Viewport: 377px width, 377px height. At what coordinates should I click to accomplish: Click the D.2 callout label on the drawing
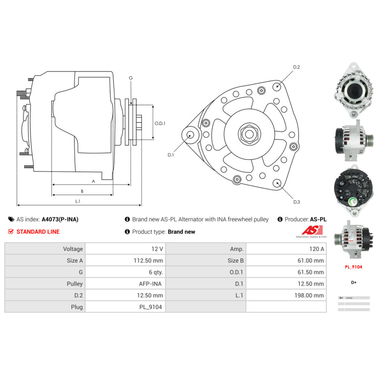coord(296,67)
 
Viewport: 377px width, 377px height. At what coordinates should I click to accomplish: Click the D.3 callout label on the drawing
coord(297,202)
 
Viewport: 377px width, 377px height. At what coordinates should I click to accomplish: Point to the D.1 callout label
coord(171,155)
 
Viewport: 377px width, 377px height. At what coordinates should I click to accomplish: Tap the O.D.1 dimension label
coord(160,123)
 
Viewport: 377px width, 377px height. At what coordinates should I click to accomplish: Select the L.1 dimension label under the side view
coord(78,201)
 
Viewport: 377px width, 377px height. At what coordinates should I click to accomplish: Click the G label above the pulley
coord(131,78)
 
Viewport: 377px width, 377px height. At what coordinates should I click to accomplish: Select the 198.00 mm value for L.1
coord(309,295)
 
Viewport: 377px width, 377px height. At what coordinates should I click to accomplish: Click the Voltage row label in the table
coord(73,249)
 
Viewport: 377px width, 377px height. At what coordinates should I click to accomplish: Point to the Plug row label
coord(77,307)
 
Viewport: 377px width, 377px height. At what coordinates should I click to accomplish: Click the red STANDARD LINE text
coord(38,231)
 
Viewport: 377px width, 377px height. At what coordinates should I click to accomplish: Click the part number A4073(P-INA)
coord(60,219)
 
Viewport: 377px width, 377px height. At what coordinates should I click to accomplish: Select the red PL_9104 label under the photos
coord(353,267)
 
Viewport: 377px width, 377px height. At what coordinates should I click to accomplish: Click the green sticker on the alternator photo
coord(353,202)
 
